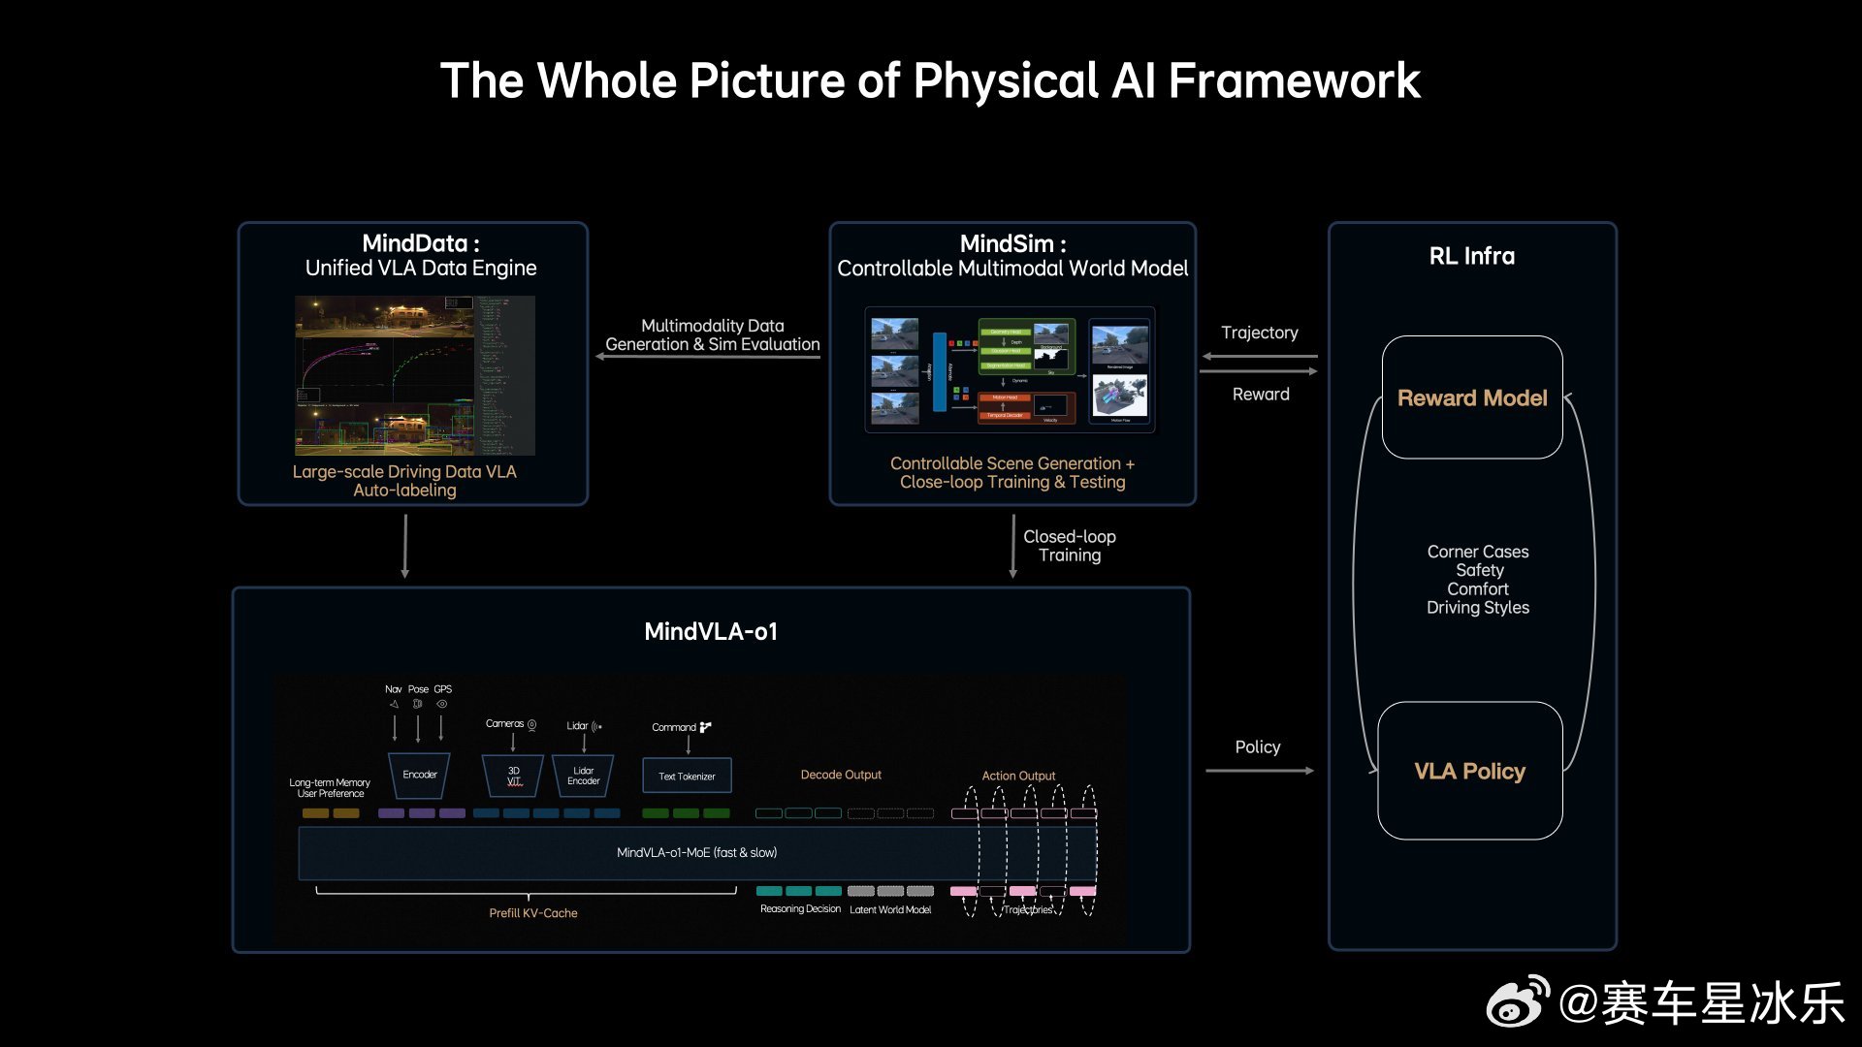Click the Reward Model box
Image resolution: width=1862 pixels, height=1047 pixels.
1472,397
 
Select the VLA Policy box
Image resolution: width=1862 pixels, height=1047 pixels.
1469,771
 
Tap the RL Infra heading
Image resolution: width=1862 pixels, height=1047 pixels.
1471,256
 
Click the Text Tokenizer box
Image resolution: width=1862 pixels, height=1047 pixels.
687,776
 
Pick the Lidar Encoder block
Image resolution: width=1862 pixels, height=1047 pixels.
583,776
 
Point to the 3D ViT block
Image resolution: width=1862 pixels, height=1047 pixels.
513,776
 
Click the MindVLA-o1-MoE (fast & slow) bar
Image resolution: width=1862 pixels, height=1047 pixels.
696,852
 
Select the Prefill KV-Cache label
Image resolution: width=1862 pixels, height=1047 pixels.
532,913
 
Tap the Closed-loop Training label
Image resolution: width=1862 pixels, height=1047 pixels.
1069,546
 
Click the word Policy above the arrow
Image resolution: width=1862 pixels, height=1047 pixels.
1257,746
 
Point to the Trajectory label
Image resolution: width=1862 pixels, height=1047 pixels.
1259,333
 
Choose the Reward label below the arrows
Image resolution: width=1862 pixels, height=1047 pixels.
1261,394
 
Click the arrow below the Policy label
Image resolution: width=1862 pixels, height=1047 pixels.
1259,771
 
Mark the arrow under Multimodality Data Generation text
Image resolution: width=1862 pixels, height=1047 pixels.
708,357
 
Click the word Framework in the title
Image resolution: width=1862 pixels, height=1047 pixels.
1294,80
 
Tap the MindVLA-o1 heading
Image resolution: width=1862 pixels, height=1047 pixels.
711,631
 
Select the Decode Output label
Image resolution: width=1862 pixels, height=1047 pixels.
841,775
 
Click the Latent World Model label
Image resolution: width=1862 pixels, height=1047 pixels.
890,909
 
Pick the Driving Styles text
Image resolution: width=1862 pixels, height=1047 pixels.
1477,608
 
